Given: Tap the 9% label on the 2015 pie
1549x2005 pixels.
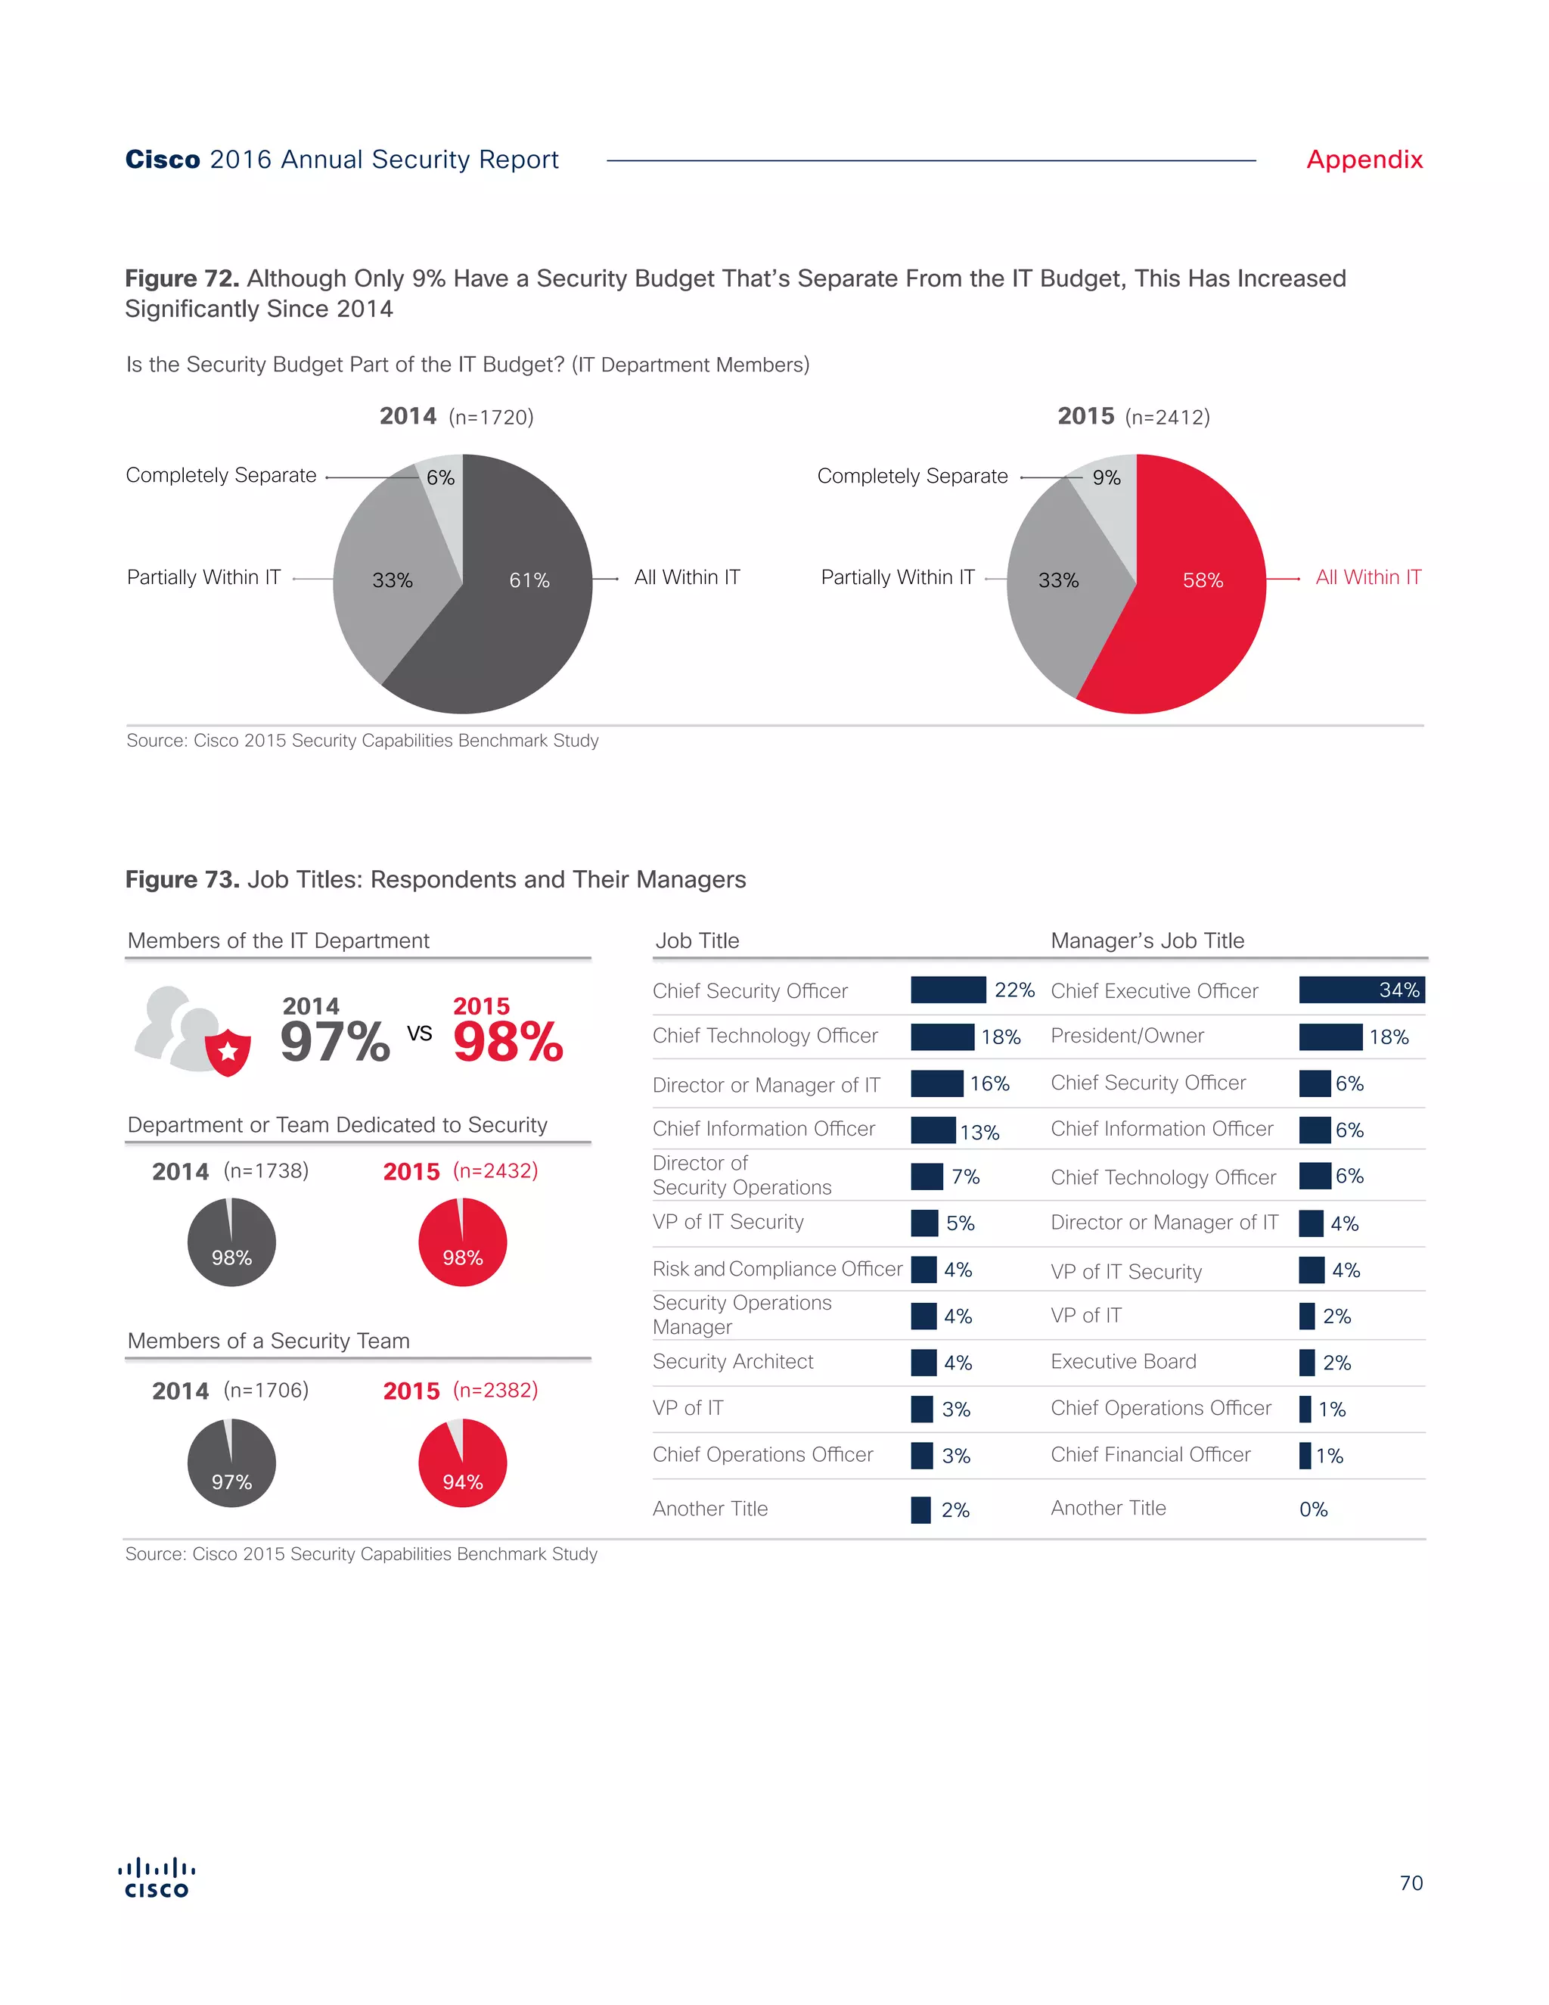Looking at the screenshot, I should point(1106,477).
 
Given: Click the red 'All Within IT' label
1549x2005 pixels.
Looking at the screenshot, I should point(1367,577).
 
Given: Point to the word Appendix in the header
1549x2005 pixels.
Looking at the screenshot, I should point(1364,160).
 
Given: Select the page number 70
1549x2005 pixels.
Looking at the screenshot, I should point(1411,1883).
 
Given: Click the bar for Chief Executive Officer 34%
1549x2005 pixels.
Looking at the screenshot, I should point(1361,990).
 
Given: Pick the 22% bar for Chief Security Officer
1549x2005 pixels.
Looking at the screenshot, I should point(947,990).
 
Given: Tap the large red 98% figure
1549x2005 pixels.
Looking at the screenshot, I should point(508,1042).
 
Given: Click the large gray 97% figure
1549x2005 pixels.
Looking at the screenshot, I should point(335,1042).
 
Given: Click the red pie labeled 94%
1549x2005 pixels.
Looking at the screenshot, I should point(462,1463).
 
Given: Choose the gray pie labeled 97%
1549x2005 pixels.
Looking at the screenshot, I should point(231,1463).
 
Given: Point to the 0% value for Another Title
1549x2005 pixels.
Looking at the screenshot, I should point(1313,1509).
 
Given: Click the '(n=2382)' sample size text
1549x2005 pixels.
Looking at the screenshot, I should point(495,1390).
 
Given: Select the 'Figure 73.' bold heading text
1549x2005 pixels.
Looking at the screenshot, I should point(182,879).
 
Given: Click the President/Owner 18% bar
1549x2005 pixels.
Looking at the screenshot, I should point(1330,1037).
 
